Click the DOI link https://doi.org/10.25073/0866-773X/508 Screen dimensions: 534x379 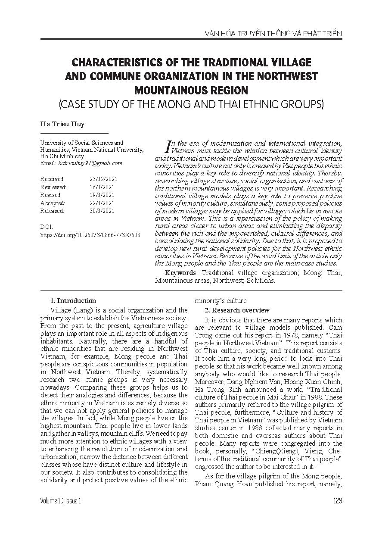click(x=90, y=235)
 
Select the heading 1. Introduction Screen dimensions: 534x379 click(x=73, y=301)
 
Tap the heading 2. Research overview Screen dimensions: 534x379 click(x=237, y=310)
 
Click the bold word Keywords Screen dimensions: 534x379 click(x=181, y=273)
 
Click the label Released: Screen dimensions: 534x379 click(x=52, y=211)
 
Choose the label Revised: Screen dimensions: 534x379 click(x=50, y=195)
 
